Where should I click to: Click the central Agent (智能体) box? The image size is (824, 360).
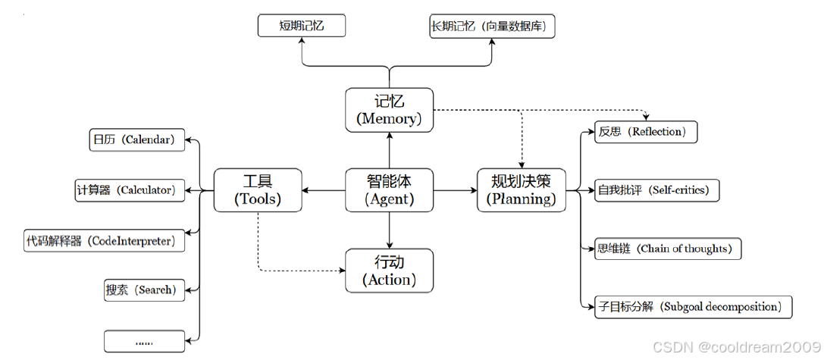(x=389, y=190)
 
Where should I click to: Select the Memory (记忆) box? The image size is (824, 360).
(x=389, y=110)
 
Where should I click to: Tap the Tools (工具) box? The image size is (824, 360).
(x=258, y=190)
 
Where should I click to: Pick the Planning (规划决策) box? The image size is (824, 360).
(x=521, y=190)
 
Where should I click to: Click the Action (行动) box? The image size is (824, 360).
(x=389, y=271)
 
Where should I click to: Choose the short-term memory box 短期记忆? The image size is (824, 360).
(x=302, y=27)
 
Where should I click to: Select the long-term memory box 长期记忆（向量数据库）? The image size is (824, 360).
(x=492, y=27)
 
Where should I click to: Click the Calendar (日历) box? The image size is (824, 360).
(x=136, y=140)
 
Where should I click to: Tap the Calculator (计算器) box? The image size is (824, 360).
(x=129, y=190)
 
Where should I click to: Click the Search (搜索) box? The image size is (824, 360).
(x=144, y=290)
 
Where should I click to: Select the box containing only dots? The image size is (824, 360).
(x=144, y=341)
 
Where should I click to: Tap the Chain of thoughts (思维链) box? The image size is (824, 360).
(x=664, y=249)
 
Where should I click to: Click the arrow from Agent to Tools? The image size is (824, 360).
(x=324, y=190)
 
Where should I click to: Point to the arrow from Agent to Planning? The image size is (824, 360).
(x=455, y=190)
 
